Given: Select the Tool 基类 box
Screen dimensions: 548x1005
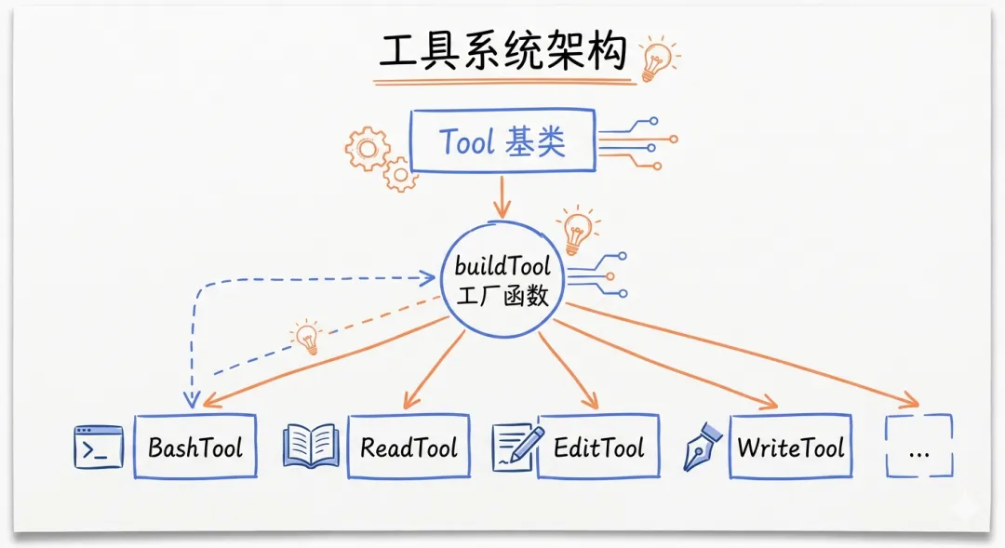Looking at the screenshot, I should (502, 142).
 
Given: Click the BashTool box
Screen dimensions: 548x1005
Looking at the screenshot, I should (194, 448).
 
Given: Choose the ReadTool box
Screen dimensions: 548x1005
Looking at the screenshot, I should (409, 448).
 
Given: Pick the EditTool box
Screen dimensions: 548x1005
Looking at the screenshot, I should (598, 448).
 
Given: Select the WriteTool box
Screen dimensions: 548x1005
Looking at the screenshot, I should (791, 448).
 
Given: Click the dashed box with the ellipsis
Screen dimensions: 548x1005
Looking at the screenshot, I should (919, 447).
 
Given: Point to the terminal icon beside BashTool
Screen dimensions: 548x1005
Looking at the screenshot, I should (99, 447).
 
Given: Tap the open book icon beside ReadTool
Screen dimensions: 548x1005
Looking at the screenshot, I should (311, 446).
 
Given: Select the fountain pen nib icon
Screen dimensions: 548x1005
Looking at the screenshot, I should (703, 447).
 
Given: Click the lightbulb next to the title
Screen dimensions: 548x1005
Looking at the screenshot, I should (658, 58).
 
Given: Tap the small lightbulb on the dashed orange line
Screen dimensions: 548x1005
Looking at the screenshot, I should (307, 337).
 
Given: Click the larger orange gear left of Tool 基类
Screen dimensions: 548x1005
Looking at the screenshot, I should (368, 148).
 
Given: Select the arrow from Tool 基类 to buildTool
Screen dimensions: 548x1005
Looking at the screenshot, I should (502, 196).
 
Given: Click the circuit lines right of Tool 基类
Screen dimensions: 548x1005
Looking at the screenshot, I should (637, 143).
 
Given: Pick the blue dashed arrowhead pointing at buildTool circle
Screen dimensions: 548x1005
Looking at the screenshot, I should (430, 276).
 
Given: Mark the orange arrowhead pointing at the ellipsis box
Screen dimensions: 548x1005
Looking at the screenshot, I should (908, 401).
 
